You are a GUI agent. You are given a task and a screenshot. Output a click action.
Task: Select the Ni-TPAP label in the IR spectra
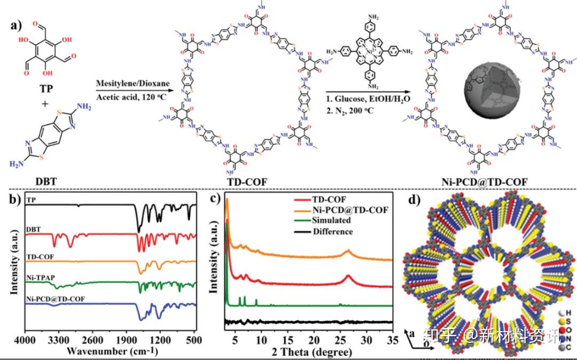tap(39, 277)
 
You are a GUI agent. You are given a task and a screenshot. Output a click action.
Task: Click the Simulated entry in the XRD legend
tap(332, 220)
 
